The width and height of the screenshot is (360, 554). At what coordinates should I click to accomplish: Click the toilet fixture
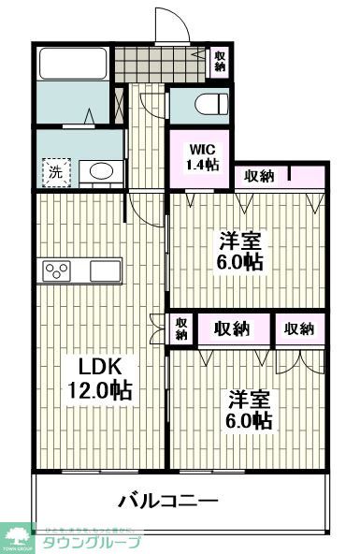click(x=208, y=104)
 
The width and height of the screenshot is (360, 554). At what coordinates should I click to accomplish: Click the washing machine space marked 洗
click(x=56, y=171)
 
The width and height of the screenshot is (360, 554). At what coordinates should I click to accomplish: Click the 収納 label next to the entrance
click(x=221, y=61)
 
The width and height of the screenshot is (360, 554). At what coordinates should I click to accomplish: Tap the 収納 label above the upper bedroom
click(x=259, y=175)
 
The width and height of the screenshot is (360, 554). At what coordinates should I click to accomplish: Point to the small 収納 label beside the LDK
click(x=180, y=328)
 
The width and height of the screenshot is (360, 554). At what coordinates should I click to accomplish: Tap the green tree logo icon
click(x=18, y=535)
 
